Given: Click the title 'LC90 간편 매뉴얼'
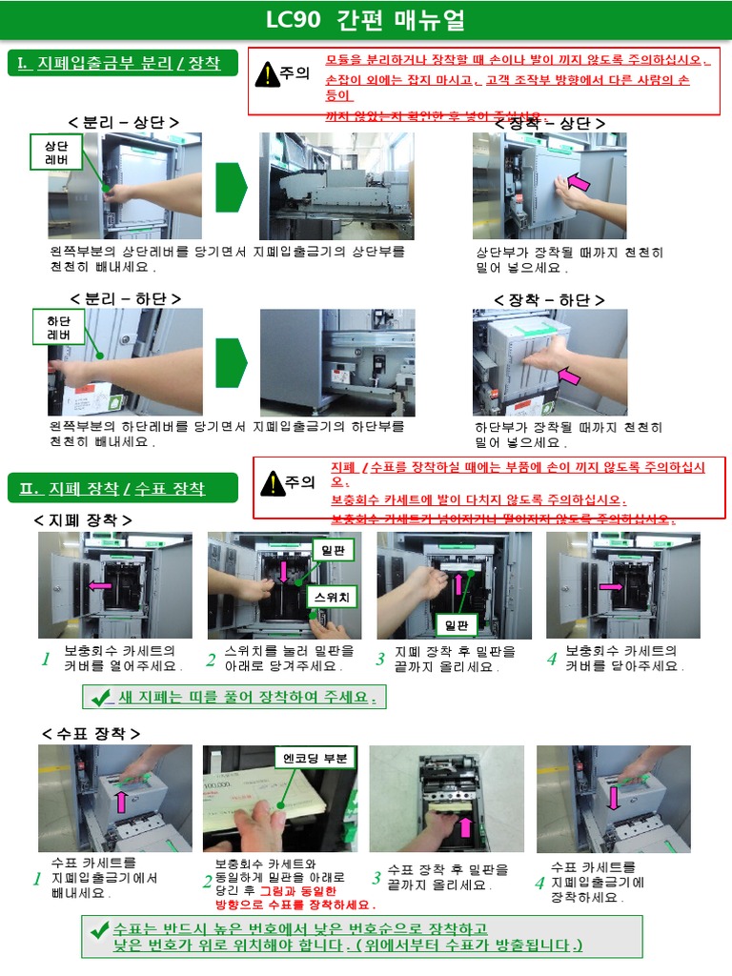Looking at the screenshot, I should click(366, 21).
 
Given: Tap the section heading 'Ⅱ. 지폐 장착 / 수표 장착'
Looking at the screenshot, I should click(112, 489).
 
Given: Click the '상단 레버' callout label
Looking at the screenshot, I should click(57, 153).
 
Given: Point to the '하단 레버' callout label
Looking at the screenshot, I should click(58, 328).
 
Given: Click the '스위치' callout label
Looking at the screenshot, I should click(332, 597).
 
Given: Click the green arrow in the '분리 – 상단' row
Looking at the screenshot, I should click(230, 187).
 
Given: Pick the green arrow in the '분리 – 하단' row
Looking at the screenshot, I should click(230, 363).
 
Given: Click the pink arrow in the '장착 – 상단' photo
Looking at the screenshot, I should click(579, 182).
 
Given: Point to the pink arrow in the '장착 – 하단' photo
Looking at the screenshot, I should click(569, 376).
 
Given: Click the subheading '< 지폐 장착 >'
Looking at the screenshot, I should click(83, 519).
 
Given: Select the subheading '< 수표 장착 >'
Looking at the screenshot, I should click(91, 733).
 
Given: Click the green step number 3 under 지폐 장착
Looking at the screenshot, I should click(379, 660).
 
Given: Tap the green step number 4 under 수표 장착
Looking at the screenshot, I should click(539, 882).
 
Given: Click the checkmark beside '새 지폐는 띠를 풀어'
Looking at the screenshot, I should click(100, 698).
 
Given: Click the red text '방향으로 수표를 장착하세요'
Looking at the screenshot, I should click(295, 905).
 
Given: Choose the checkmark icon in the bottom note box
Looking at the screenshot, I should click(99, 929).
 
